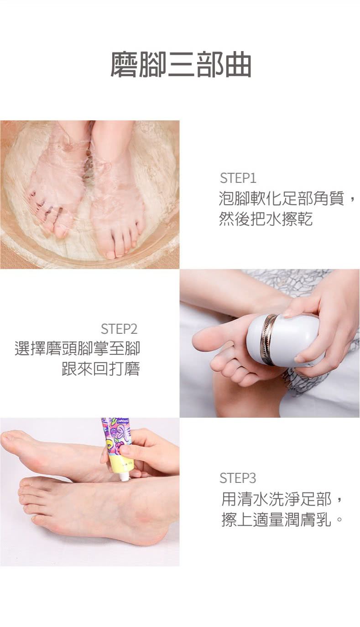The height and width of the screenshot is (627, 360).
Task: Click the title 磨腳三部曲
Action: pos(181,64)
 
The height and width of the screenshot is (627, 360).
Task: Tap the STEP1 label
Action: pos(238,178)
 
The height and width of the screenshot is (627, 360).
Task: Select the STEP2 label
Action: pos(119,329)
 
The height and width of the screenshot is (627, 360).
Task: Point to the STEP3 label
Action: pos(238,478)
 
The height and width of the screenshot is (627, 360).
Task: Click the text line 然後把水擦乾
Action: pos(266,219)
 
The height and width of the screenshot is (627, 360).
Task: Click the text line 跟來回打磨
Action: pos(100,369)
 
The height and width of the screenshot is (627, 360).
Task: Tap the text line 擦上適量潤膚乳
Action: pos(282,520)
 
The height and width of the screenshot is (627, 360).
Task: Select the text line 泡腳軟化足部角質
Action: pos(281,198)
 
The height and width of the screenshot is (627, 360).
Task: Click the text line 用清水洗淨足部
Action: pos(276,499)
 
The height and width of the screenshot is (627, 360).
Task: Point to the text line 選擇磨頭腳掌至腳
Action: pos(77,348)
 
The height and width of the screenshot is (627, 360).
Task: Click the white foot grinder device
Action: pos(283,340)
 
